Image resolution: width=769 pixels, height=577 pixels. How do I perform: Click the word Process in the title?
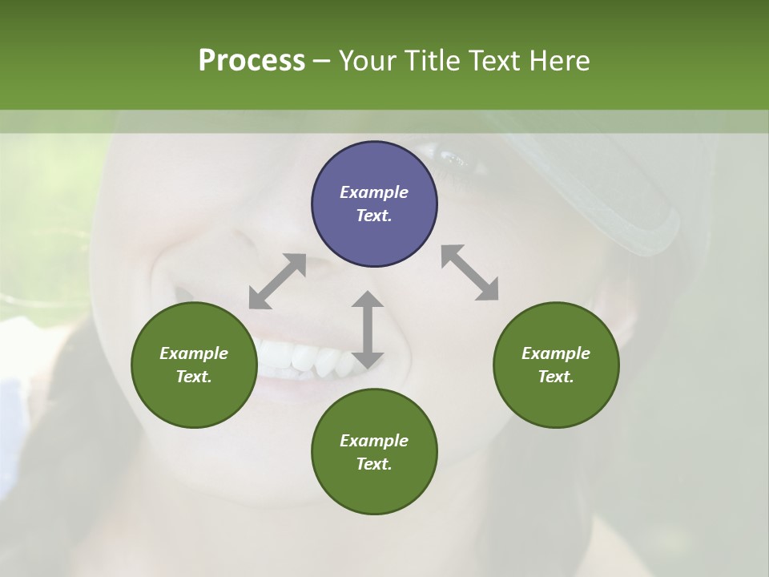tap(252, 61)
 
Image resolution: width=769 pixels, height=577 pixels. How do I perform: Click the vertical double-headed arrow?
tap(368, 329)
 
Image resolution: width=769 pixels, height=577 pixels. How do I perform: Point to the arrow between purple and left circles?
tap(277, 281)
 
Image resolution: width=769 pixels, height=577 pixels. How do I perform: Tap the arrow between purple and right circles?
tap(470, 272)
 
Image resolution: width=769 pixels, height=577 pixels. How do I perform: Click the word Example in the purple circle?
tap(374, 192)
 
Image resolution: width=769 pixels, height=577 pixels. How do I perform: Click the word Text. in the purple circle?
tap(374, 216)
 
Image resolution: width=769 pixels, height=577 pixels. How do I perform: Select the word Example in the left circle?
tap(194, 353)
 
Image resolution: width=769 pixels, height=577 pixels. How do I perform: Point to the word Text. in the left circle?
tap(194, 377)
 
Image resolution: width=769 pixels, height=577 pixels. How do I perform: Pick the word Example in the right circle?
tap(556, 353)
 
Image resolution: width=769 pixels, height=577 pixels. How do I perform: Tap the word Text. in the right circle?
tap(556, 377)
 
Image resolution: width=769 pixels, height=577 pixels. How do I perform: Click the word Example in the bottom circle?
tap(374, 441)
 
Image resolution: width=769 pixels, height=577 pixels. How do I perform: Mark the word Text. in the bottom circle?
tap(374, 464)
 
